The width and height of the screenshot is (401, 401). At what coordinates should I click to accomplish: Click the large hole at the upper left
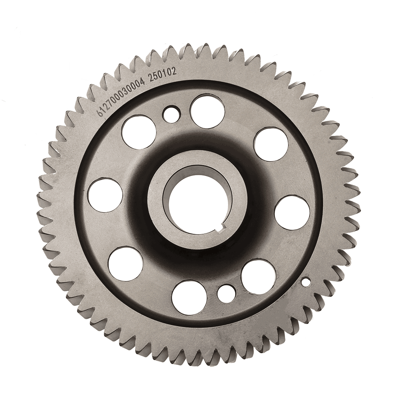click(140, 132)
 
